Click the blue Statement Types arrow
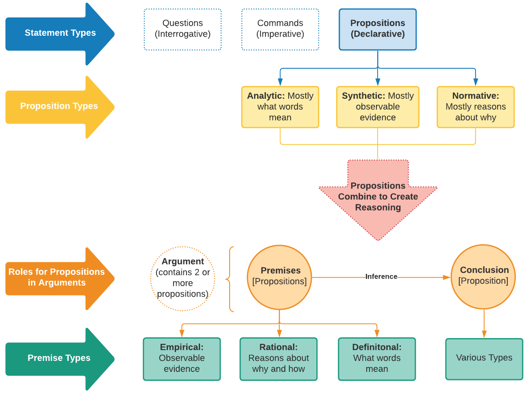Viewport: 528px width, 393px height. point(60,33)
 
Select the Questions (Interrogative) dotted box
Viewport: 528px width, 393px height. point(183,29)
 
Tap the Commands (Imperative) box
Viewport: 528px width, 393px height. point(280,29)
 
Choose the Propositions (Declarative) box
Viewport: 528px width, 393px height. point(378,29)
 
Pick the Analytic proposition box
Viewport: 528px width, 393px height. point(280,107)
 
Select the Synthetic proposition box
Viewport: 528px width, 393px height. point(378,107)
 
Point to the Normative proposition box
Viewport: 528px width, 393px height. point(476,107)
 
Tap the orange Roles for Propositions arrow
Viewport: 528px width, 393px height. point(57,278)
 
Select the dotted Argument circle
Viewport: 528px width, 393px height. point(183,278)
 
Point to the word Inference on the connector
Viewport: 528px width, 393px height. point(381,277)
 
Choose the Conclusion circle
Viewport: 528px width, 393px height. point(483,276)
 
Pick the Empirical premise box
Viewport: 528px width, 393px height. point(182,359)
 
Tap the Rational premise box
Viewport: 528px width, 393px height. point(278,359)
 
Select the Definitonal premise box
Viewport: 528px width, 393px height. point(377,359)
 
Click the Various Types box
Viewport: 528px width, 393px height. point(484,359)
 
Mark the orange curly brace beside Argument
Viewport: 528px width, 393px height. point(230,279)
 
